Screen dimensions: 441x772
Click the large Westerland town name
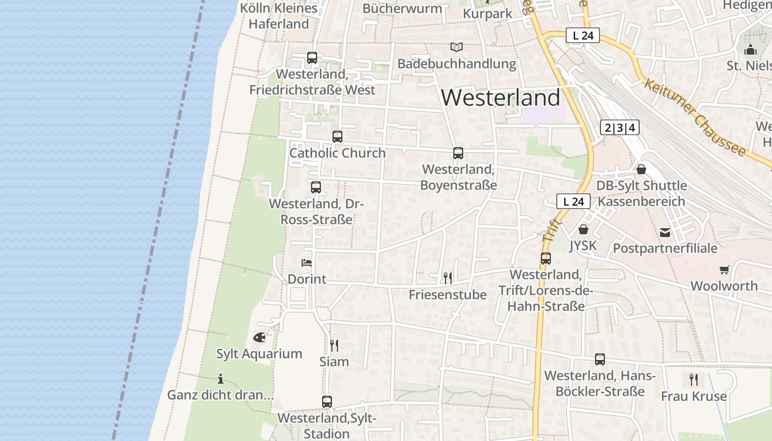pyautogui.click(x=501, y=98)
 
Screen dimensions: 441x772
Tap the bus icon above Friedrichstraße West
pyautogui.click(x=312, y=57)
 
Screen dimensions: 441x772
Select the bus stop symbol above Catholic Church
pyautogui.click(x=337, y=136)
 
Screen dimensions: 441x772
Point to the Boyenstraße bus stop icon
pyautogui.click(x=458, y=153)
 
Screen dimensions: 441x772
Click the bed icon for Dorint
pyautogui.click(x=307, y=263)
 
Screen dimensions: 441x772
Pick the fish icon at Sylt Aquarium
pyautogui.click(x=259, y=337)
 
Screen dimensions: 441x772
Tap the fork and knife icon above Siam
pyautogui.click(x=334, y=345)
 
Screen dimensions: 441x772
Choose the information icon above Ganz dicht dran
pyautogui.click(x=221, y=379)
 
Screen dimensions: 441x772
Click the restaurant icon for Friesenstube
pyautogui.click(x=448, y=278)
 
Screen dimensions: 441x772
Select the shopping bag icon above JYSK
pyautogui.click(x=583, y=229)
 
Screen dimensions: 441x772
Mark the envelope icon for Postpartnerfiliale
pyautogui.click(x=665, y=233)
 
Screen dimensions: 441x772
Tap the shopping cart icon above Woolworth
pyautogui.click(x=724, y=270)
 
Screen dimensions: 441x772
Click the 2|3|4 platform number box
pyautogui.click(x=619, y=128)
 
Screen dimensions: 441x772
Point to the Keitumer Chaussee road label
pyautogui.click(x=694, y=118)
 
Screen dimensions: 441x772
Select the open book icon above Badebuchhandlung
pyautogui.click(x=457, y=47)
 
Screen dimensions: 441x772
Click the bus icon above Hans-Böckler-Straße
pyautogui.click(x=600, y=359)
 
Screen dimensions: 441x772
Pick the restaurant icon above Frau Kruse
pyautogui.click(x=694, y=379)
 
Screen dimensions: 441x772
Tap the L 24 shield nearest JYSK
pyautogui.click(x=573, y=201)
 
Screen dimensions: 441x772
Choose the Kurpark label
pyautogui.click(x=488, y=13)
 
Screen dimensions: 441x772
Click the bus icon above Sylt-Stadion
pyautogui.click(x=327, y=401)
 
